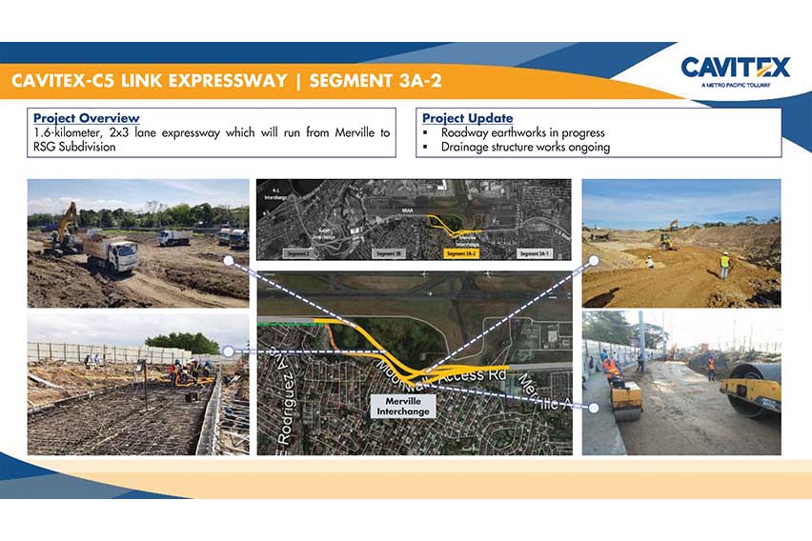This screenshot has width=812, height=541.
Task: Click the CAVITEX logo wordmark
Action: click(735, 68)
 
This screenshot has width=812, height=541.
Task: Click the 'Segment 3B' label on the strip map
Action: click(390, 254)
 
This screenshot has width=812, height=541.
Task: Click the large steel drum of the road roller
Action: click(749, 398)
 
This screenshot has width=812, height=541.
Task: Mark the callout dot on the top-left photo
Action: click(228, 259)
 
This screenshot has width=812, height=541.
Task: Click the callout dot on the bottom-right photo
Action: click(594, 408)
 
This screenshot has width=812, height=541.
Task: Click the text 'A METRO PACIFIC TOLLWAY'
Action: click(735, 85)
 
